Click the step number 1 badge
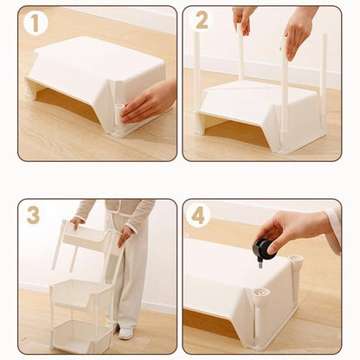pyautogui.click(x=35, y=23)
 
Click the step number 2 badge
pyautogui.click(x=202, y=20)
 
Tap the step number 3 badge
pyautogui.click(x=33, y=215)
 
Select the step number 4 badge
pyautogui.click(x=198, y=215)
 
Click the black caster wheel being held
pyautogui.click(x=263, y=248)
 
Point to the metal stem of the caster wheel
pyautogui.click(x=260, y=264)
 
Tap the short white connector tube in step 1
pyautogui.click(x=119, y=114)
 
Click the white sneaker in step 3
pyautogui.click(x=126, y=333)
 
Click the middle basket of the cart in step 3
pyautogui.click(x=81, y=294)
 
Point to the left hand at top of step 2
pyautogui.click(x=243, y=19)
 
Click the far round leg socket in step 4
pyautogui.click(x=296, y=259)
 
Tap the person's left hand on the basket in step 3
pyautogui.click(x=125, y=236)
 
